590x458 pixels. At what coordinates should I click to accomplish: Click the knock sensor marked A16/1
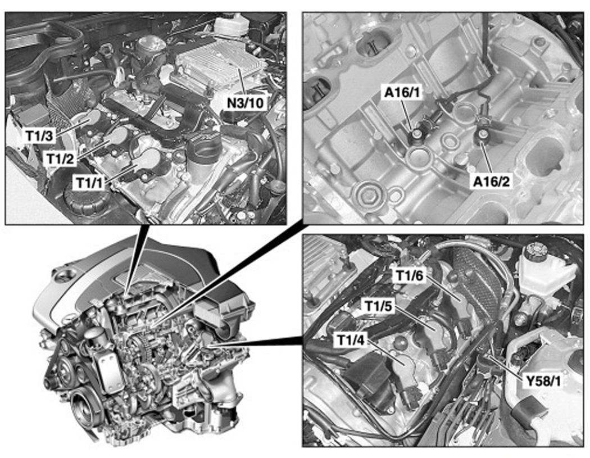(x=418, y=135)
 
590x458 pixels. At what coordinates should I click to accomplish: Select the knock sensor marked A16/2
(x=482, y=135)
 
